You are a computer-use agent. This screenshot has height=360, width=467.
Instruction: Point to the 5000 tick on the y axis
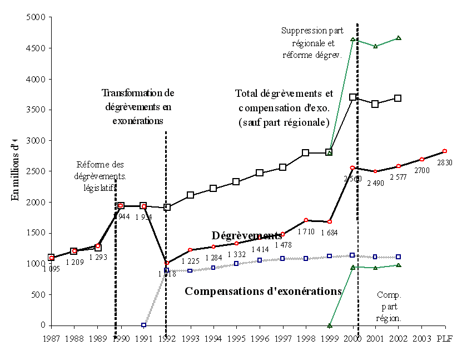pyautogui.click(x=36, y=17)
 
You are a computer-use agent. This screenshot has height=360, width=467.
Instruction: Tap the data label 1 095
pyautogui.click(x=51, y=269)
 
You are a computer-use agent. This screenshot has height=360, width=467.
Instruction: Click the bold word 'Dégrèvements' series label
pyautogui.click(x=247, y=236)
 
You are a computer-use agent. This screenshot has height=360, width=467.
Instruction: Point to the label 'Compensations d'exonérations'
pyautogui.click(x=263, y=291)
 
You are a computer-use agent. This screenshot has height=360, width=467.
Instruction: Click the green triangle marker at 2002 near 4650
pyautogui.click(x=399, y=38)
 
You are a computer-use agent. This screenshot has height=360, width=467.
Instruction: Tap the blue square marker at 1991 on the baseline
pyautogui.click(x=143, y=325)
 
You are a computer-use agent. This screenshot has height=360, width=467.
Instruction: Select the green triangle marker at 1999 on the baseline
pyautogui.click(x=330, y=325)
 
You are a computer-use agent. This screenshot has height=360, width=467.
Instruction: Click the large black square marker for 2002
pyautogui.click(x=398, y=98)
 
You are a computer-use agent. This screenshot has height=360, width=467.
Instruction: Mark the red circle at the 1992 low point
pyautogui.click(x=166, y=263)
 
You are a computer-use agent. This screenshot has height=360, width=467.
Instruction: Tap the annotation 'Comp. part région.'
pyautogui.click(x=389, y=306)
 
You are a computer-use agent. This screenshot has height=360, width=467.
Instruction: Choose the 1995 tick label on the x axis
pyautogui.click(x=236, y=337)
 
